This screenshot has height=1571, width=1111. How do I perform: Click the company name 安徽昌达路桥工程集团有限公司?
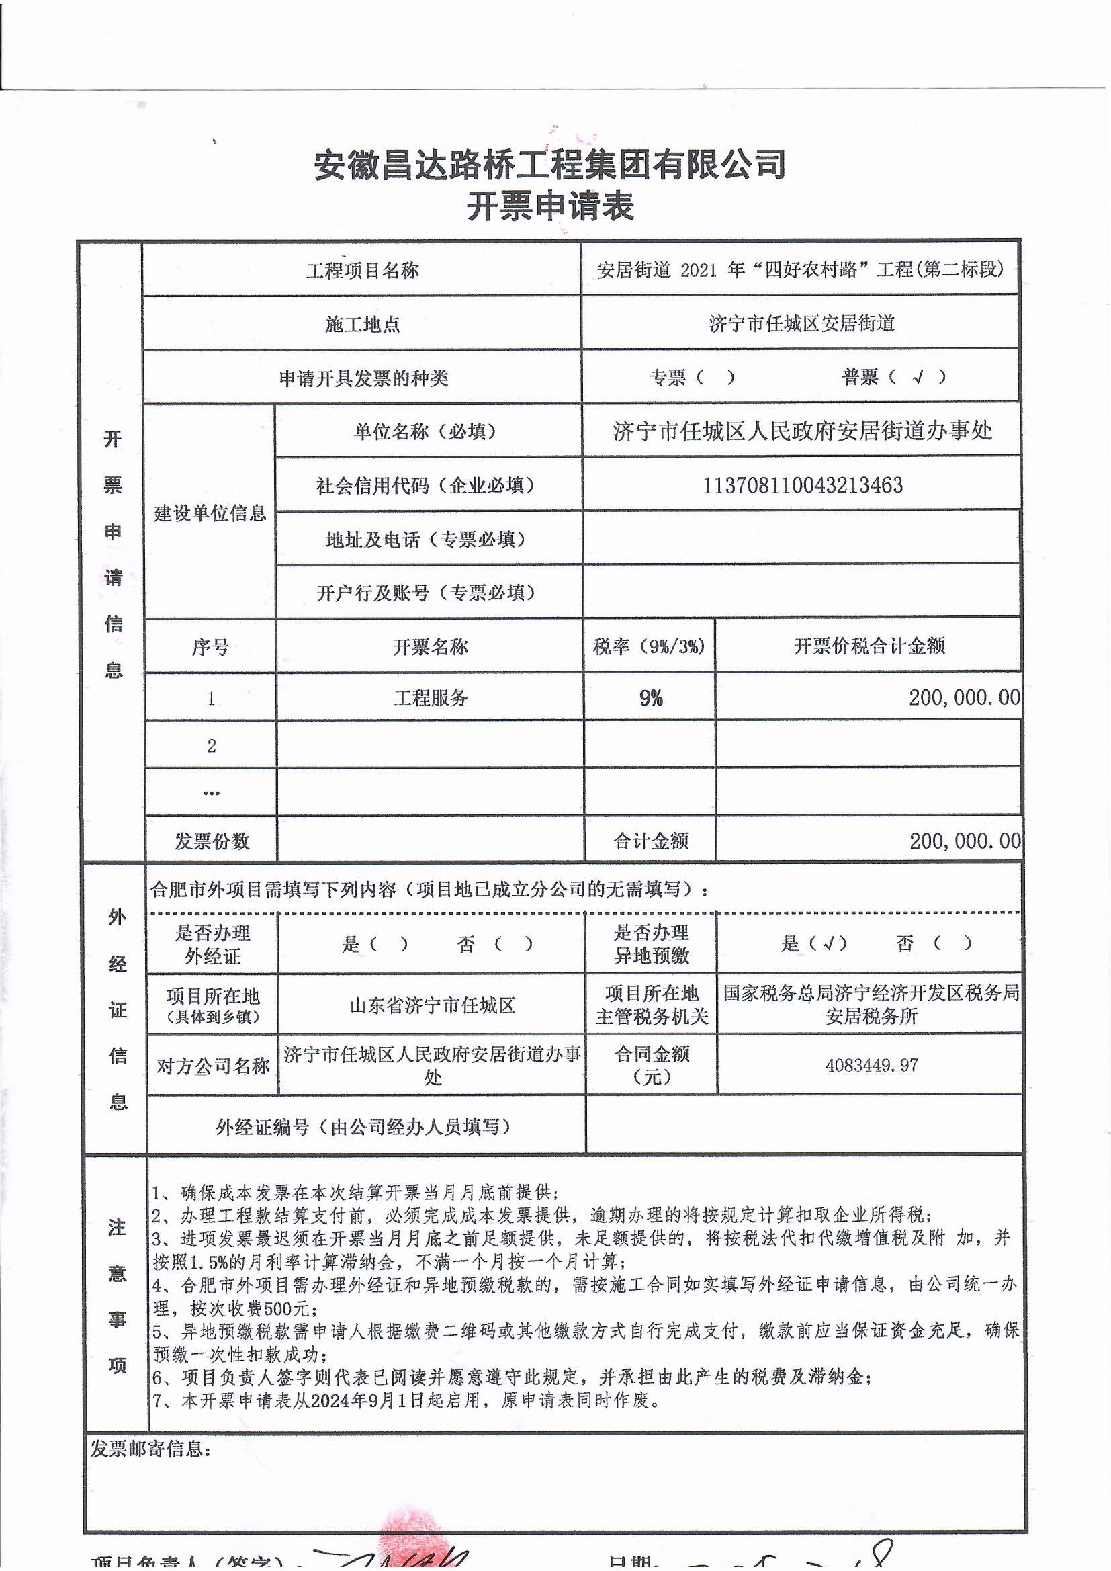coord(550,165)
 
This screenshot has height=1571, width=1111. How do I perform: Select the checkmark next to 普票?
coord(918,376)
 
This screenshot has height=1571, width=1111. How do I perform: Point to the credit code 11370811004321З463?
coord(803,485)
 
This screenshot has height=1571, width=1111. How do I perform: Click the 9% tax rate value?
coord(651,698)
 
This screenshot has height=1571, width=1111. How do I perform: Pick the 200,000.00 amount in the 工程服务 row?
coord(964,697)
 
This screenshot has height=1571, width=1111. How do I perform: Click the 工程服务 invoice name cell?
coord(431,698)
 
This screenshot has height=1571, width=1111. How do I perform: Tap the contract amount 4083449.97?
coord(872,1064)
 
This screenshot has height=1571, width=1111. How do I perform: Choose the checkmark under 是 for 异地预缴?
coord(828,944)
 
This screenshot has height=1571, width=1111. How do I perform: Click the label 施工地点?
coord(363,325)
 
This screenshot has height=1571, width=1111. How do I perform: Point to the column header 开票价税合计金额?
coord(869,646)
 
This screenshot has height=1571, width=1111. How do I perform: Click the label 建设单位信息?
coord(210,513)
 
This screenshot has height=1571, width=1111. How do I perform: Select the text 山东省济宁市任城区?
coord(432,1006)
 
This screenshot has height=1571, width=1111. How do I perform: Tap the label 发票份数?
coord(212,841)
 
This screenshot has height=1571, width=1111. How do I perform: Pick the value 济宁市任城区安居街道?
coord(802,323)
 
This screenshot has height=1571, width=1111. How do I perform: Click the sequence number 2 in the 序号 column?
coord(212,746)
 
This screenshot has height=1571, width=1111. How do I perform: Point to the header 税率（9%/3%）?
coord(649,646)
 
